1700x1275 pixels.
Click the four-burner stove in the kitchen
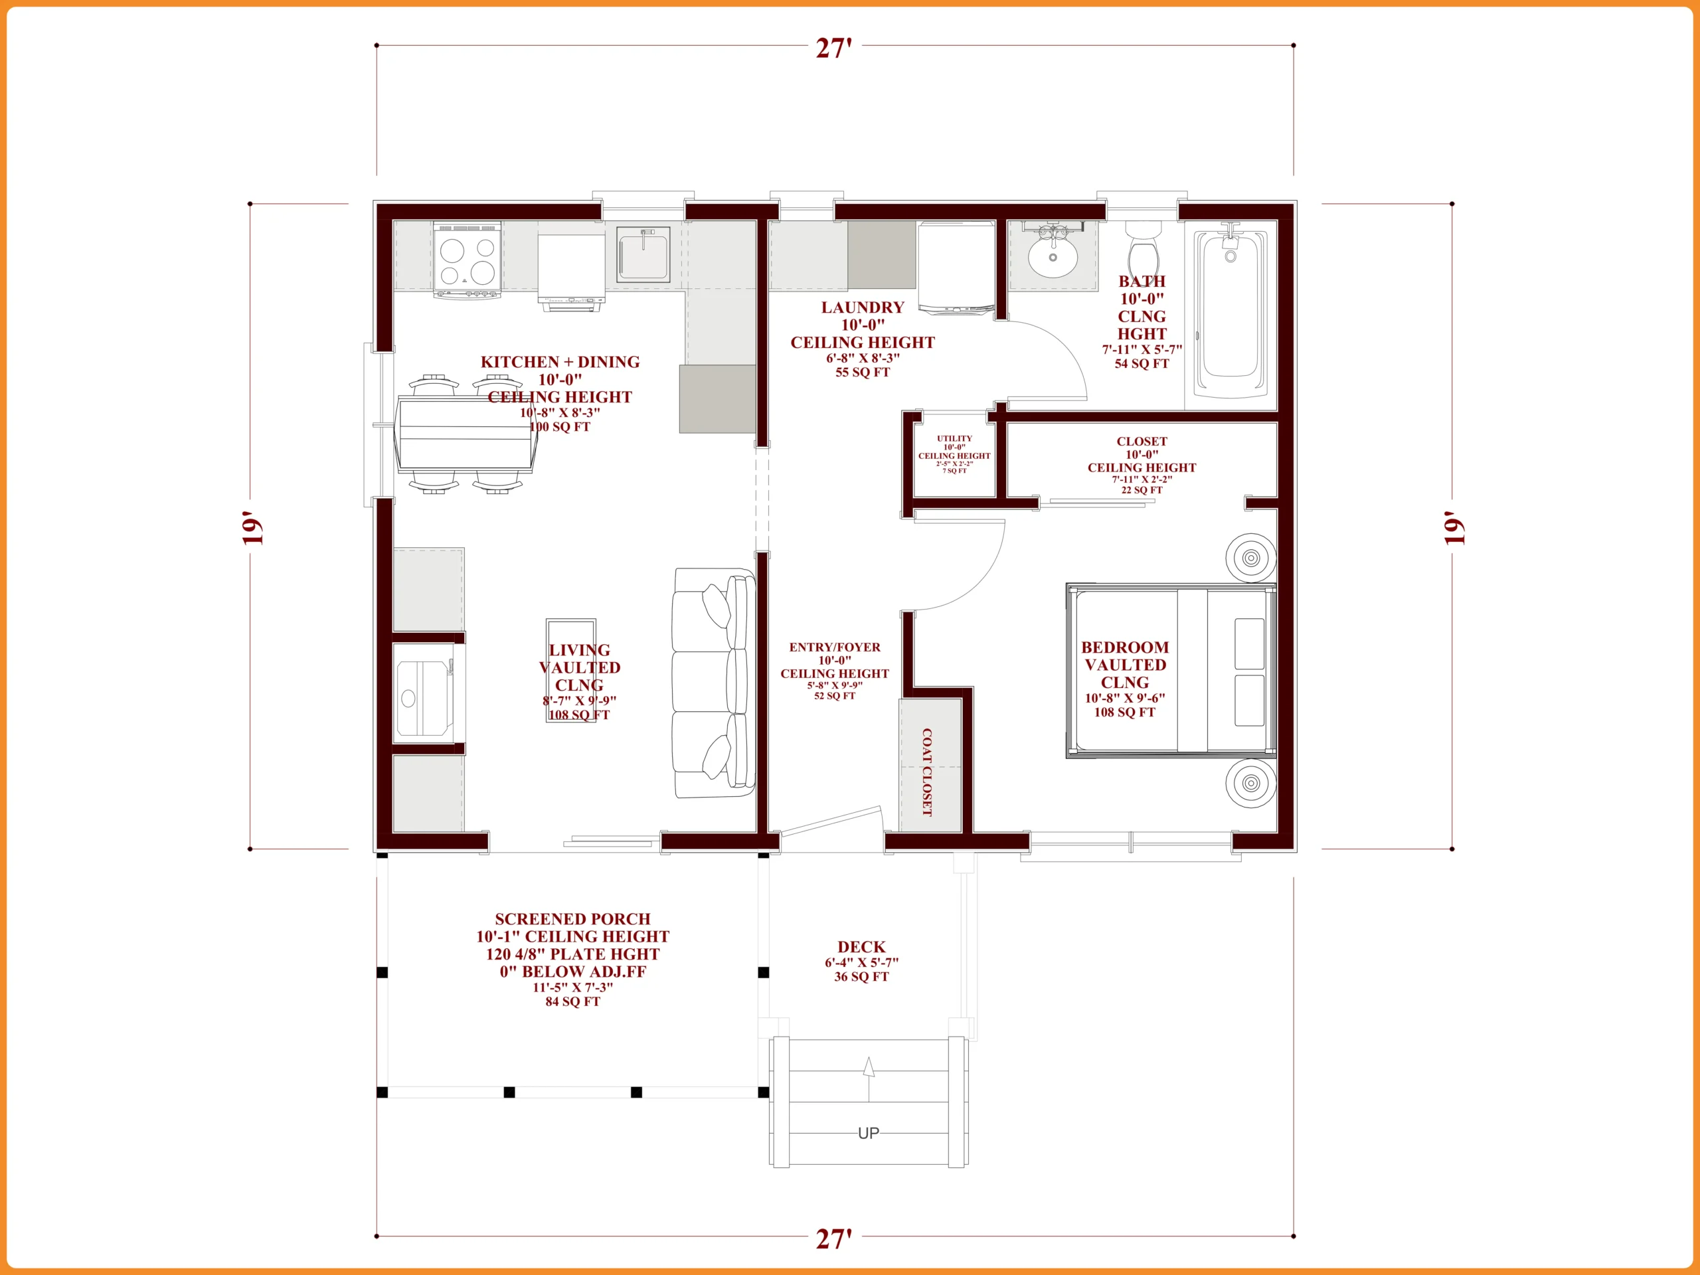[x=467, y=260]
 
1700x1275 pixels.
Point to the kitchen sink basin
[x=643, y=254]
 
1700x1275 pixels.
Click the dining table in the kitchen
[x=465, y=434]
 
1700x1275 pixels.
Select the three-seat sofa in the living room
[x=714, y=683]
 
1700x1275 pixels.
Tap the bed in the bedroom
[x=1171, y=671]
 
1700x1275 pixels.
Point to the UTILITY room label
[x=954, y=438]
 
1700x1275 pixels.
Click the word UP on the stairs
[x=869, y=1133]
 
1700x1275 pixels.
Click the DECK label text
[x=861, y=947]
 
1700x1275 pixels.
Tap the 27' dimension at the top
[x=834, y=48]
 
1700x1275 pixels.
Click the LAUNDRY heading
[x=863, y=307]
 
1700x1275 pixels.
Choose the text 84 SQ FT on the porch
[x=572, y=1001]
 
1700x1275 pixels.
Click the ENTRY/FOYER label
[x=835, y=647]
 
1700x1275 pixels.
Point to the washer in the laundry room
[x=956, y=268]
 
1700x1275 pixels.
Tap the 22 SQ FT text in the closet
[x=1142, y=489]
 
